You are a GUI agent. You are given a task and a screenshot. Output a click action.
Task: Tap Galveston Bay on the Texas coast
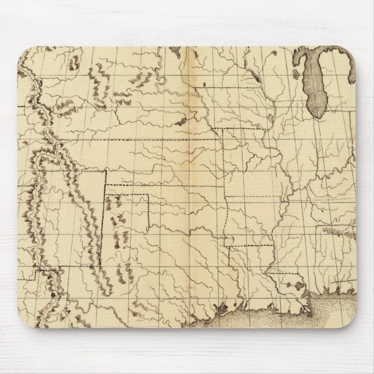[221, 308]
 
